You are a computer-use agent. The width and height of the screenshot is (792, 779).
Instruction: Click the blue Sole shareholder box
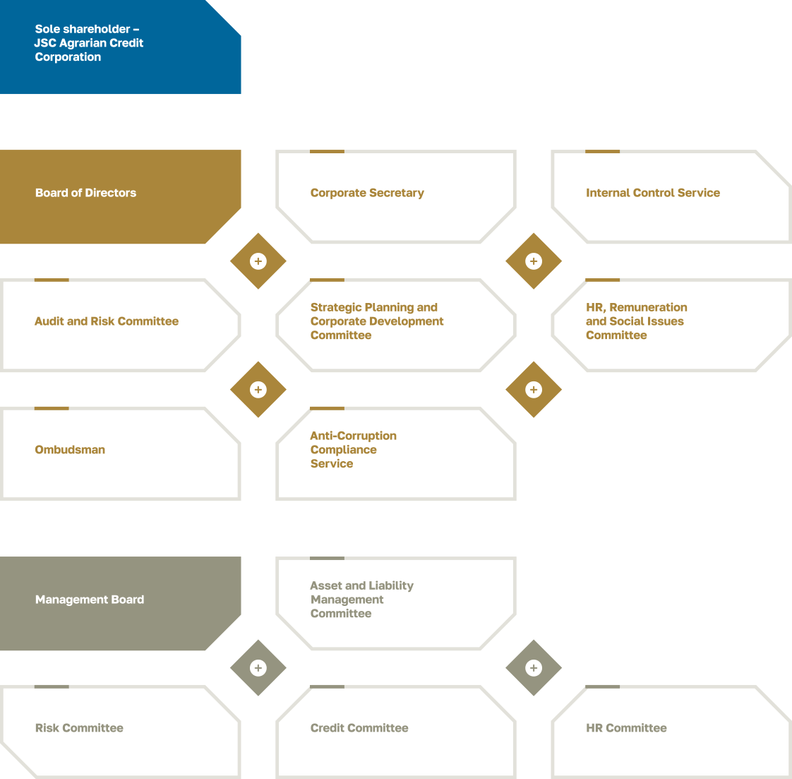(x=120, y=47)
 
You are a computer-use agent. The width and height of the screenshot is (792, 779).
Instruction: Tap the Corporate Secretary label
(x=367, y=193)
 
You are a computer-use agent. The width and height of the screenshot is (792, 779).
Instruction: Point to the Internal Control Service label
(x=652, y=193)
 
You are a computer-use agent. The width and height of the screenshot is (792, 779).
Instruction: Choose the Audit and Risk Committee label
(x=107, y=321)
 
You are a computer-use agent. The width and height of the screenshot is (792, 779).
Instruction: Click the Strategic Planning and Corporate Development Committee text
(x=377, y=321)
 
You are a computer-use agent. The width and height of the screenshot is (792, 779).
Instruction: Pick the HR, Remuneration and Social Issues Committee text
(x=636, y=321)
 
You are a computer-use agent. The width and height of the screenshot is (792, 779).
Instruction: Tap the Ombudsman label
(x=70, y=450)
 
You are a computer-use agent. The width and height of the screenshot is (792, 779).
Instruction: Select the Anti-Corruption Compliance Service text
(x=353, y=450)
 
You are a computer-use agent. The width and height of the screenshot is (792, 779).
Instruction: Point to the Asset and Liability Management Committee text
(x=361, y=600)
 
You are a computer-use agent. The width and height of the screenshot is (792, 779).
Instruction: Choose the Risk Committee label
(x=79, y=728)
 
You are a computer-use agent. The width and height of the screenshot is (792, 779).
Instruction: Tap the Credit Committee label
(x=359, y=728)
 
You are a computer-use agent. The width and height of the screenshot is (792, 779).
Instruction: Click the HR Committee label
(x=626, y=728)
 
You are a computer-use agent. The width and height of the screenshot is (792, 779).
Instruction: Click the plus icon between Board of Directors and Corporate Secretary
(x=258, y=261)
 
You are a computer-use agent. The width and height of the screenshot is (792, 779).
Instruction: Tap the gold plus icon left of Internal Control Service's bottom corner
(x=534, y=261)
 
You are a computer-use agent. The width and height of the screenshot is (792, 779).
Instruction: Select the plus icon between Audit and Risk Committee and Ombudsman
(x=258, y=390)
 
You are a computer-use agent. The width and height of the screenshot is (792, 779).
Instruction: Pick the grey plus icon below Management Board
(x=258, y=668)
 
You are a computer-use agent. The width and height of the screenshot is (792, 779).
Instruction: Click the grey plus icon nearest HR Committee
(x=534, y=668)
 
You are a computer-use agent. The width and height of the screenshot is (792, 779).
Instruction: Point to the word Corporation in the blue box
(x=68, y=57)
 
